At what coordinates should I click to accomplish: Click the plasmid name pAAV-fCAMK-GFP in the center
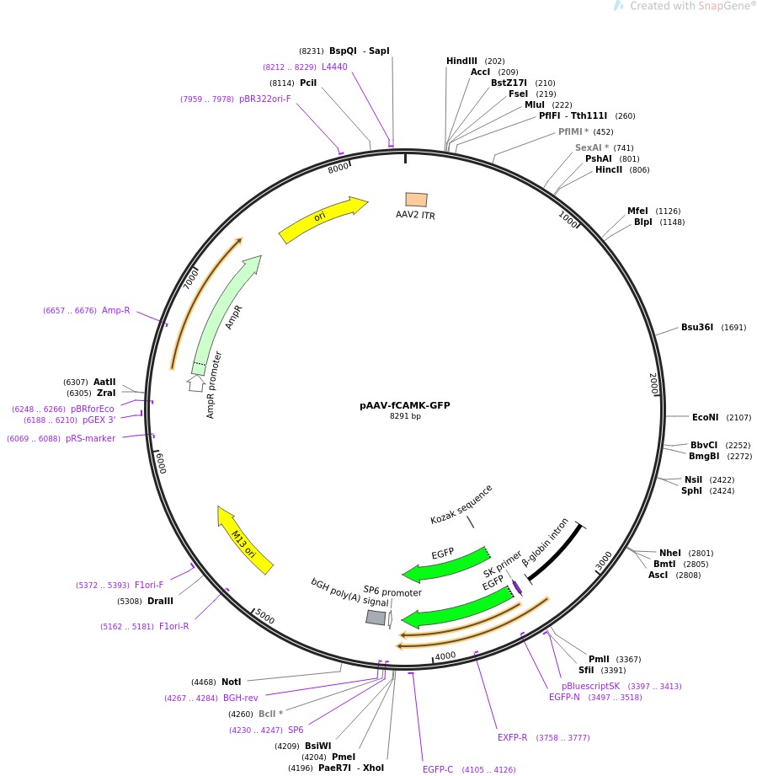pyautogui.click(x=404, y=405)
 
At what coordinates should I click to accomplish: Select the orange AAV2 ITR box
pyautogui.click(x=416, y=200)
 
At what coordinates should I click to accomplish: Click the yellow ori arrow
pyautogui.click(x=323, y=219)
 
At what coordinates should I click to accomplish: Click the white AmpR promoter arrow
pyautogui.click(x=196, y=383)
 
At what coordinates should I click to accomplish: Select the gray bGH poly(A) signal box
pyautogui.click(x=376, y=618)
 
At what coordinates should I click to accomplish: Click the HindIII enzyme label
pyautogui.click(x=461, y=62)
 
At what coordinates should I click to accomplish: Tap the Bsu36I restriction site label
pyautogui.click(x=697, y=328)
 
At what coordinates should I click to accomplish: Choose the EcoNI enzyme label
pyautogui.click(x=705, y=417)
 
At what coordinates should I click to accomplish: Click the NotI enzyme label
pyautogui.click(x=231, y=682)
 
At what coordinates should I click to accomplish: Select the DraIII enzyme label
pyautogui.click(x=160, y=602)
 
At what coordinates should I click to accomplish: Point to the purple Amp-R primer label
pyautogui.click(x=116, y=311)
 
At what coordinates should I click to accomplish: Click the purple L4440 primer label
pyautogui.click(x=334, y=67)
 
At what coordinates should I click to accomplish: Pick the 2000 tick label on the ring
pyautogui.click(x=653, y=384)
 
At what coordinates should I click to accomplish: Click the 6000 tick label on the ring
pyautogui.click(x=161, y=462)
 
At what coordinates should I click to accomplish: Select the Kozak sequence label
pyautogui.click(x=461, y=504)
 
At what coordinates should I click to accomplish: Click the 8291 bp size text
pyautogui.click(x=404, y=416)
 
